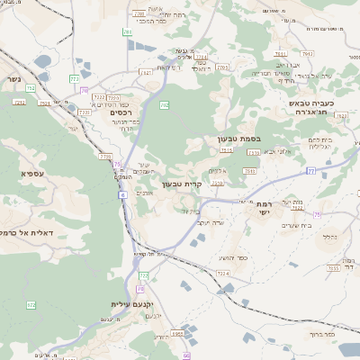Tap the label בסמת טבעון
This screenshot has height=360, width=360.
(238, 139)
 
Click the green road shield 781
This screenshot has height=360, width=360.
(128, 32)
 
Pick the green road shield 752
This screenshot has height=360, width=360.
(31, 88)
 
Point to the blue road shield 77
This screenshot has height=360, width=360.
(310, 170)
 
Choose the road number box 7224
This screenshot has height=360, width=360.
(222, 273)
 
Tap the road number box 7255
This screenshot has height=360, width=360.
(333, 267)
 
